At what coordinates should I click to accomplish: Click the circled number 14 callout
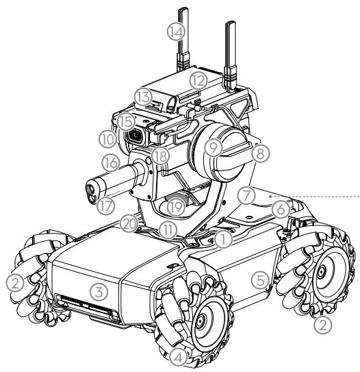[176, 32]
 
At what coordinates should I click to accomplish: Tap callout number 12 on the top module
[198, 82]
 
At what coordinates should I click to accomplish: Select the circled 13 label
[142, 97]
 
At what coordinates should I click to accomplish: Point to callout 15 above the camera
[127, 122]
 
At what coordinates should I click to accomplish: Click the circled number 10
[108, 140]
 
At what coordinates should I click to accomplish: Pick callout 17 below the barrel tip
[105, 206]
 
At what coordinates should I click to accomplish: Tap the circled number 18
[160, 156]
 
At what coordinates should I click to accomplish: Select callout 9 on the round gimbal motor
[214, 148]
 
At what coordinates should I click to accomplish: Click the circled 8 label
[260, 153]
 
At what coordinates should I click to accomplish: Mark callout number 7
[246, 196]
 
